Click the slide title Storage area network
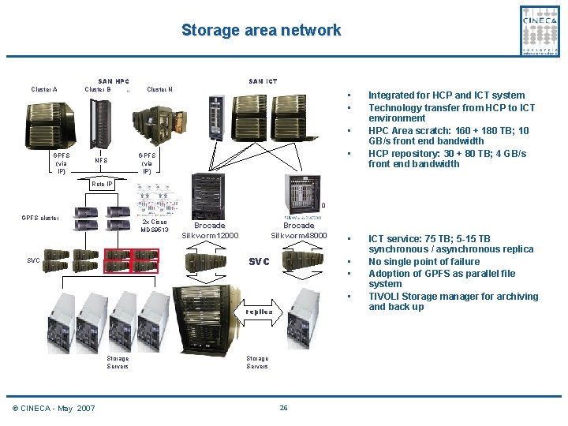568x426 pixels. (261, 31)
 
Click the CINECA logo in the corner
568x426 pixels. (540, 30)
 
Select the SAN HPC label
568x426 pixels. (114, 81)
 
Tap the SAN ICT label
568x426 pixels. (263, 81)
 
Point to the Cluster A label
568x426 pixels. (44, 89)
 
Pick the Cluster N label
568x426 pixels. (160, 89)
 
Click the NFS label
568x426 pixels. (101, 161)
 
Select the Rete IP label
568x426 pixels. (103, 184)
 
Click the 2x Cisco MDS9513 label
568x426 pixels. (155, 226)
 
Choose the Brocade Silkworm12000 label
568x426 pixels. (210, 230)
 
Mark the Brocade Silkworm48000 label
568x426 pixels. (298, 230)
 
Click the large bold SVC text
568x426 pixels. (260, 260)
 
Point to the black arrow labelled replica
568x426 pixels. (258, 312)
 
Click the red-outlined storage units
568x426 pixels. (131, 261)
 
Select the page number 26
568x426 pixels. (283, 408)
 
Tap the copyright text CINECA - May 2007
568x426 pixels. (54, 408)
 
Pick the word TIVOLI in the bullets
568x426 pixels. (387, 297)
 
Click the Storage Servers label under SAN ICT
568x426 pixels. (257, 362)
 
